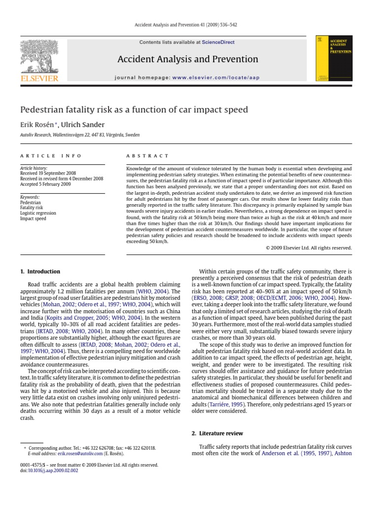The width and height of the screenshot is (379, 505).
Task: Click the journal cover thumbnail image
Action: (335, 58)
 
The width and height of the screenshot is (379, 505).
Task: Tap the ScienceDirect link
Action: (218, 43)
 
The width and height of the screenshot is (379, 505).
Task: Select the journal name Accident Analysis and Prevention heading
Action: (188, 60)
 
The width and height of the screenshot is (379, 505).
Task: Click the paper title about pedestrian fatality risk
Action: (133, 109)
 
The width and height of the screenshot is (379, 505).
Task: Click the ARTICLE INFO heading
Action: (50, 155)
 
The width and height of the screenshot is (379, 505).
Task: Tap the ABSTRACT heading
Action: (148, 155)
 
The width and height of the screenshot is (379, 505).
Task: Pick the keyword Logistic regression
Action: (38, 213)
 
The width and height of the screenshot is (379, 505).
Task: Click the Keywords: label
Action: (30, 197)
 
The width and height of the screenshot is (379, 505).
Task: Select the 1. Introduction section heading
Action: (40, 272)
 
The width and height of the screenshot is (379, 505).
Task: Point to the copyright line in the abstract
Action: (308, 248)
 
